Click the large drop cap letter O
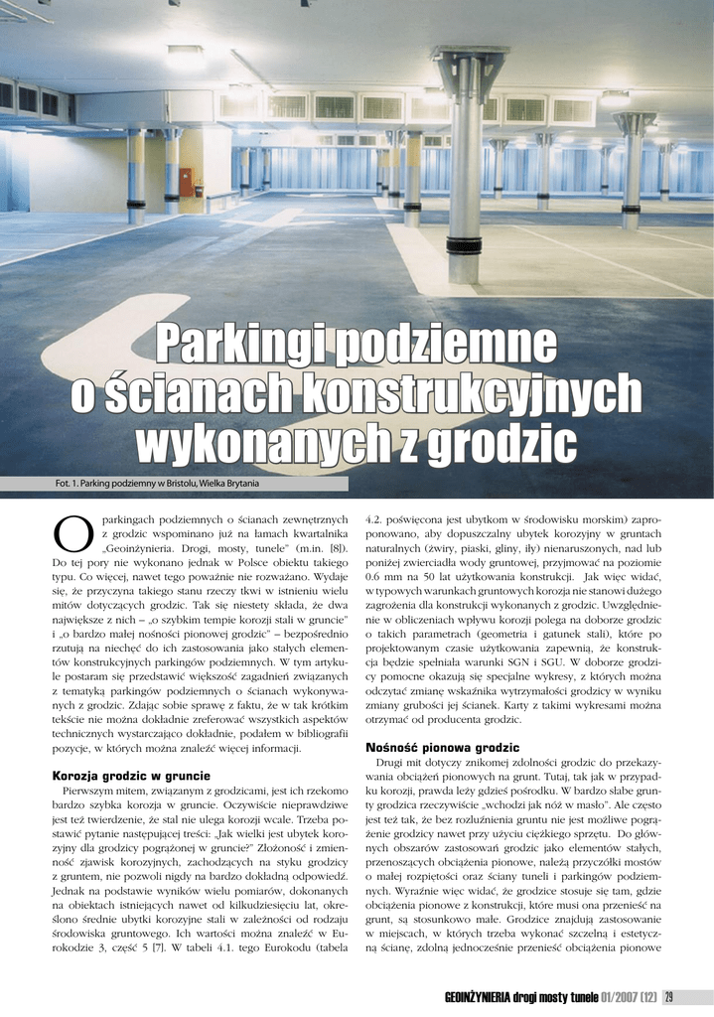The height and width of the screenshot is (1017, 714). coord(71,535)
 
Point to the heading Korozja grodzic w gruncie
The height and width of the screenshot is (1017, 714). coord(130,775)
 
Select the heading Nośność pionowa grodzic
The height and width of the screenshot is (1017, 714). coord(442,746)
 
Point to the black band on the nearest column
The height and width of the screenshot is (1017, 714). coord(465,245)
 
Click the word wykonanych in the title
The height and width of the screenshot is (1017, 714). coord(263,441)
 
